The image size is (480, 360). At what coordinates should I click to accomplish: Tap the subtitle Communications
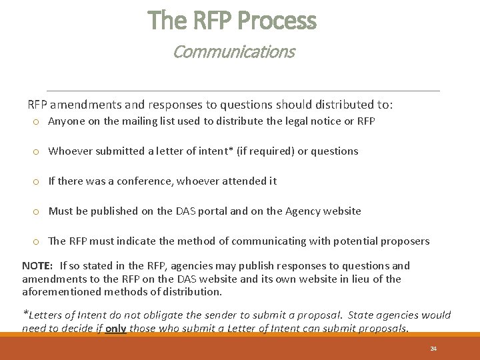[x=233, y=51]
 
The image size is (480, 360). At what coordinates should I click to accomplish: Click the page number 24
[x=433, y=349]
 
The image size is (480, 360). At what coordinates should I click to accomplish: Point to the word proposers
[x=406, y=241]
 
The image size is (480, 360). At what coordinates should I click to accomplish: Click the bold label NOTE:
[x=37, y=266]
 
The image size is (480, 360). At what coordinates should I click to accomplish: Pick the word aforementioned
[x=59, y=292]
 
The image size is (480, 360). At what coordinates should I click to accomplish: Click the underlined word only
[x=115, y=328]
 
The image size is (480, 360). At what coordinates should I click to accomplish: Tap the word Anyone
[x=65, y=121]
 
